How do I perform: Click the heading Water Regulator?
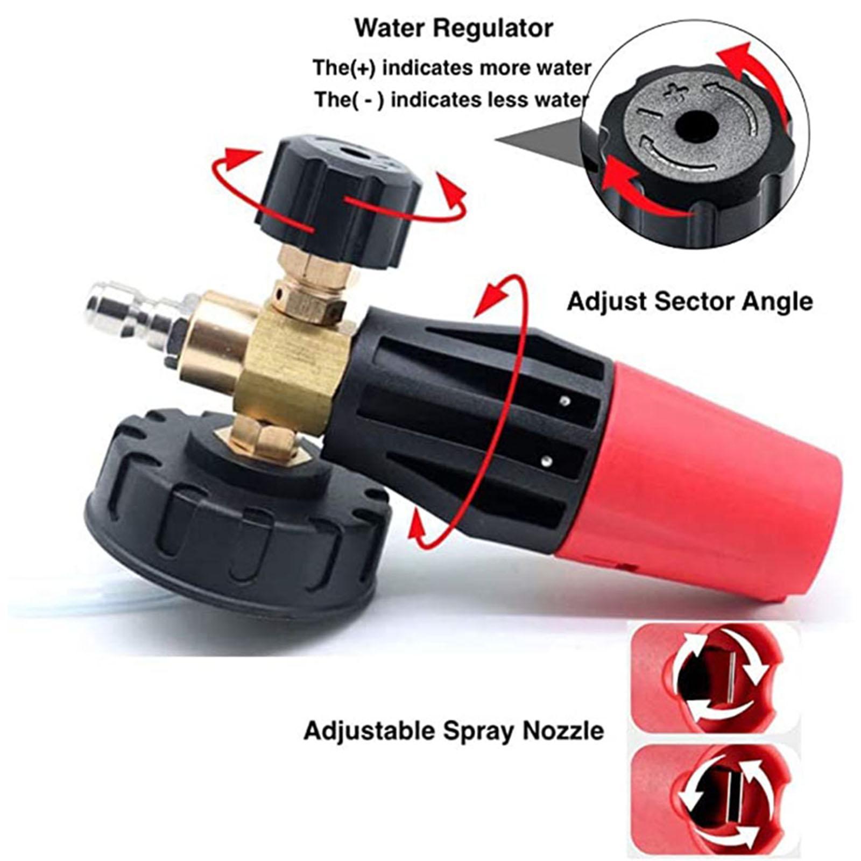click(x=454, y=28)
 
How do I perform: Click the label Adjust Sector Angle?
click(x=689, y=301)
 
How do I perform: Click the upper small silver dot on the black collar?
click(x=564, y=400)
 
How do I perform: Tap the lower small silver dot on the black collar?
click(x=547, y=460)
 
